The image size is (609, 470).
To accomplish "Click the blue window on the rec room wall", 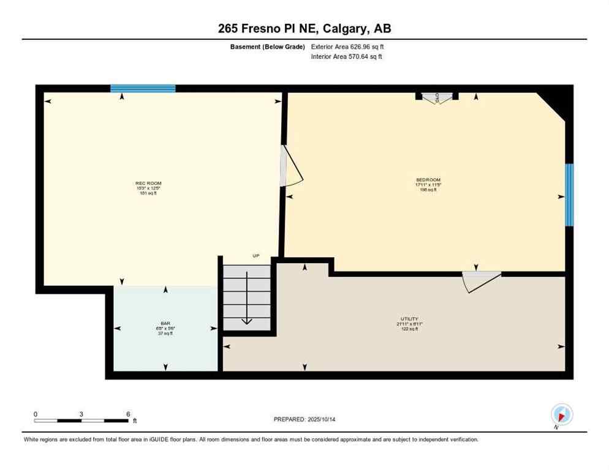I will pyautogui.click(x=143, y=88).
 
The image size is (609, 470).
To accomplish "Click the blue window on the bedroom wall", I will pyautogui.click(x=569, y=195).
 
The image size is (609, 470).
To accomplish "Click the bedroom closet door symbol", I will pyautogui.click(x=437, y=97).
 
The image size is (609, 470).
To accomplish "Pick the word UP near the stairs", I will pyautogui.click(x=256, y=256).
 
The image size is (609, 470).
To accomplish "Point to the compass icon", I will pyautogui.click(x=561, y=414).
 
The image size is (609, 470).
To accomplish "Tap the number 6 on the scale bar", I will pyautogui.click(x=128, y=414).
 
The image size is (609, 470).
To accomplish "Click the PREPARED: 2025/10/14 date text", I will pyautogui.click(x=305, y=419).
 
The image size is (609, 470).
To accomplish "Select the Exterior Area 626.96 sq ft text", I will pyautogui.click(x=347, y=47).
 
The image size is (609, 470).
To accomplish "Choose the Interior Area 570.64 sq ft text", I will pyautogui.click(x=347, y=57).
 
